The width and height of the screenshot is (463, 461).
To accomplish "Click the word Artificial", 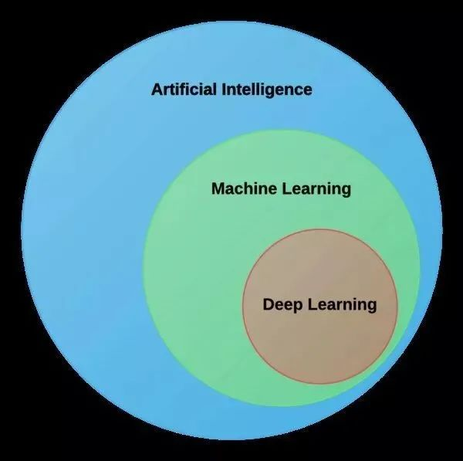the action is click(184, 90).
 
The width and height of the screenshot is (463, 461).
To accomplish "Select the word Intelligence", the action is click(267, 90).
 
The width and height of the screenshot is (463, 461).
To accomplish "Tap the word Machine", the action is click(244, 188).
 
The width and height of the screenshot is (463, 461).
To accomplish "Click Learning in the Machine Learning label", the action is click(317, 190).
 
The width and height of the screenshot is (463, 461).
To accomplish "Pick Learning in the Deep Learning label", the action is click(343, 305).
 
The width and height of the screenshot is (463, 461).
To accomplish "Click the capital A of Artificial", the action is click(157, 90).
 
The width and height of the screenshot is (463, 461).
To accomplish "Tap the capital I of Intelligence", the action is click(224, 90).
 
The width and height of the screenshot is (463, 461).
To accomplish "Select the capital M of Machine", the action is click(218, 188).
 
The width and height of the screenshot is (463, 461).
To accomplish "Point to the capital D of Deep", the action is click(269, 304).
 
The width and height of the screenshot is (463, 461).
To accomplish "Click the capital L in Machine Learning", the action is click(287, 188).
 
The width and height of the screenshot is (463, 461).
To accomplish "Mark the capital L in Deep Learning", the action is click(313, 304).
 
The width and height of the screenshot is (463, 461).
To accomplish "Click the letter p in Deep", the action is click(297, 307).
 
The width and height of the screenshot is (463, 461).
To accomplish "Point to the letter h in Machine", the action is click(251, 188).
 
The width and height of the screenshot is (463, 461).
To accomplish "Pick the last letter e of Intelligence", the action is click(307, 91).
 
